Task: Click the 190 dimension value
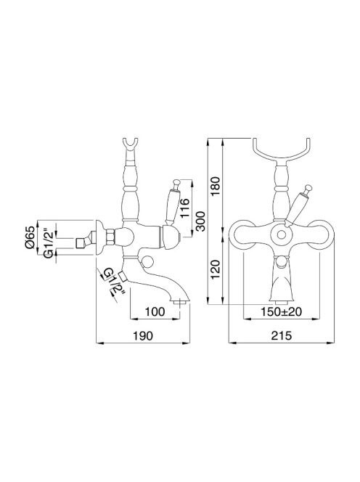(143, 335)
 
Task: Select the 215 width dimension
(282, 335)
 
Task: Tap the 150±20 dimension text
(282, 311)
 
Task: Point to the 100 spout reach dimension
(155, 311)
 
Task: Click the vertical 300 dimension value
(200, 221)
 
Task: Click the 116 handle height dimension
(185, 208)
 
